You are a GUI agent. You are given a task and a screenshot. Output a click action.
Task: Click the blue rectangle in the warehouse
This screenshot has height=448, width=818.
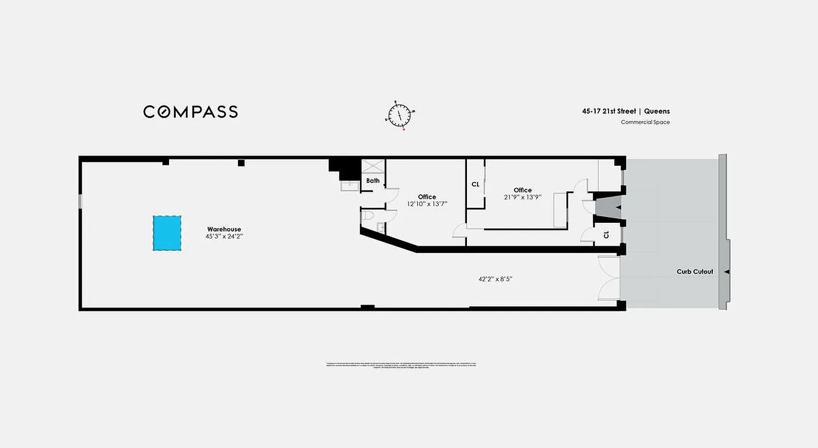(x=167, y=234)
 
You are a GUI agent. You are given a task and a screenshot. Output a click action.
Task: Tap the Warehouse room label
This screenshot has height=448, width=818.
(x=224, y=229)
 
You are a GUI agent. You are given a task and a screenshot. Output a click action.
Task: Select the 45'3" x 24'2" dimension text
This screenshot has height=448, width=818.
(x=224, y=237)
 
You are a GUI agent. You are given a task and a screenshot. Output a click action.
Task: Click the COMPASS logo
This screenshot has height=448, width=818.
(x=190, y=111)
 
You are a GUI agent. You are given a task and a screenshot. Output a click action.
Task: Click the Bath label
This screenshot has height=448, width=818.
(x=373, y=181)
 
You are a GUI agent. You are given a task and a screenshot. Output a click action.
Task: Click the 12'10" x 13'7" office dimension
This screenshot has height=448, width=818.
(x=427, y=204)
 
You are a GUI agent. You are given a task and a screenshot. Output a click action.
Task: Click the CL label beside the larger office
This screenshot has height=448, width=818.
(x=475, y=184)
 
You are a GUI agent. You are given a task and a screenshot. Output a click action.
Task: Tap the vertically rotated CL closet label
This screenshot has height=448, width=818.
(x=606, y=235)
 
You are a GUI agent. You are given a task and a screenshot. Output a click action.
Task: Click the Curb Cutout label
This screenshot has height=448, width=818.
(x=695, y=272)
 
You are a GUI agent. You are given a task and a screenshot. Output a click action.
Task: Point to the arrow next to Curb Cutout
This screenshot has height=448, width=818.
(x=726, y=272)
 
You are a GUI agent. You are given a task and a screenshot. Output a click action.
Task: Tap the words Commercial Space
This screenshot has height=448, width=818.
(x=645, y=122)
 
